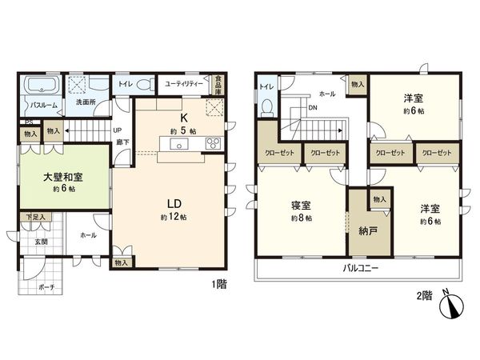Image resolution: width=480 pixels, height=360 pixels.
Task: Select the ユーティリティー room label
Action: (183, 82)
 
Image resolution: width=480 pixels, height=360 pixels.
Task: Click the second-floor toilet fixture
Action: (269, 105)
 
